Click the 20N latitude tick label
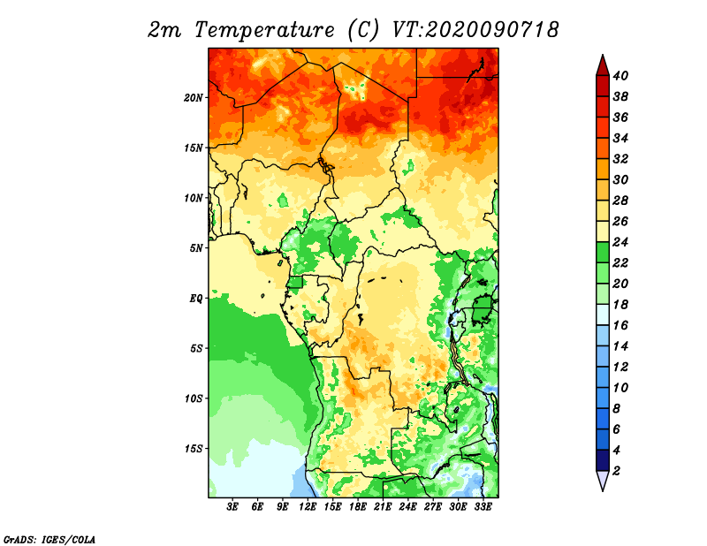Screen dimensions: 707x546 coord(194,98)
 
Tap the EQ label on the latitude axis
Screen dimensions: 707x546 coord(196,299)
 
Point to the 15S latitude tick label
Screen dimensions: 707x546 coord(194,449)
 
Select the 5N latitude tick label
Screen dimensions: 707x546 coord(196,248)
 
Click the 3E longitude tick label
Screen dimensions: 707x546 coord(232,507)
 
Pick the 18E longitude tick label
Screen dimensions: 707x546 coord(358,507)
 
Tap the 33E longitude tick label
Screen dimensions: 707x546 coord(483,507)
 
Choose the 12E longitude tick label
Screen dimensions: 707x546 coord(308,507)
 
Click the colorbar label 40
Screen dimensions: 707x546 coord(620,76)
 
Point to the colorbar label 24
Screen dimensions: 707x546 coord(620,242)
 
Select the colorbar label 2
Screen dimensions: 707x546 coord(616,471)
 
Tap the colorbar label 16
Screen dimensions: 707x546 coord(620,325)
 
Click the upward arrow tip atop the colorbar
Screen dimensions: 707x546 coord(603,55)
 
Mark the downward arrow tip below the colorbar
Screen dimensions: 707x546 coord(603,491)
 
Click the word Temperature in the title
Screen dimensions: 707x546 coord(264,30)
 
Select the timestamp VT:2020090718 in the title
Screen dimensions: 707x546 coord(475,30)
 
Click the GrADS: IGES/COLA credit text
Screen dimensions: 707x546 coord(49,539)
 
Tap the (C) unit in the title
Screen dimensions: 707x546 coord(363,30)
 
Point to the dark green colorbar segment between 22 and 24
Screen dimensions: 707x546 coord(603,253)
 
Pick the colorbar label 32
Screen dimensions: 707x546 coord(620,159)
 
